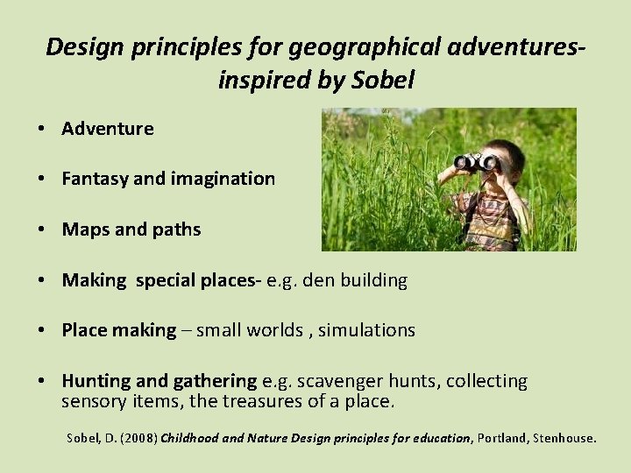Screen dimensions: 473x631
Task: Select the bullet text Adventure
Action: pos(107,129)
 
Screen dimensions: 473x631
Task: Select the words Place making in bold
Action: pos(118,330)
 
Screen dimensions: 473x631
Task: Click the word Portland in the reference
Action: pos(500,438)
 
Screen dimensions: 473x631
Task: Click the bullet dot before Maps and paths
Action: pos(41,229)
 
